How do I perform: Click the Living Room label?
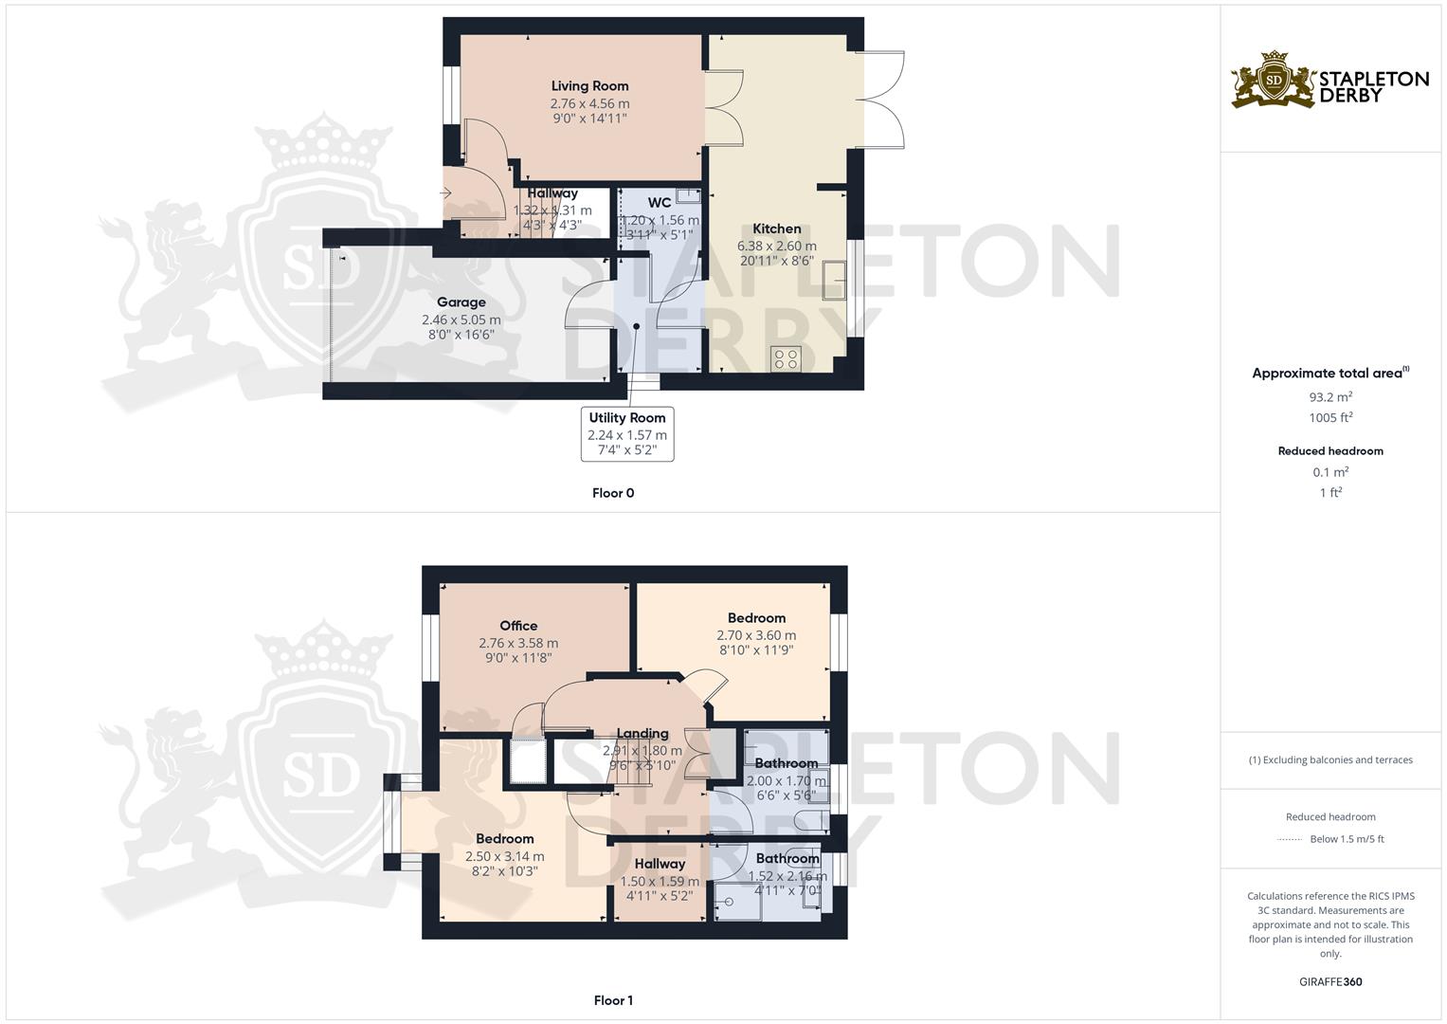(589, 86)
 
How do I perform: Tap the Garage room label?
(461, 302)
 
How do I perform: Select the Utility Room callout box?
(627, 434)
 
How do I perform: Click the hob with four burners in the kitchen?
(787, 358)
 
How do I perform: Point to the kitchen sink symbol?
(835, 279)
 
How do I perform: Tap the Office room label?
(518, 626)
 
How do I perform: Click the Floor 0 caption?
(613, 493)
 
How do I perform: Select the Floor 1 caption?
(613, 1000)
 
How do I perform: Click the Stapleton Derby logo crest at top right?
(1274, 80)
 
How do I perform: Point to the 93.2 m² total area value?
(1330, 397)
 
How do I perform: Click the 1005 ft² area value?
(1330, 418)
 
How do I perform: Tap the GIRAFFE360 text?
(1330, 982)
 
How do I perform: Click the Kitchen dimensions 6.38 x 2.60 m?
(777, 247)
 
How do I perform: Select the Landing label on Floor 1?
(642, 733)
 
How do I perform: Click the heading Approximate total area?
(1327, 374)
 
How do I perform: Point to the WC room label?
(660, 203)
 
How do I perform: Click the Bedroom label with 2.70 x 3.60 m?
(756, 618)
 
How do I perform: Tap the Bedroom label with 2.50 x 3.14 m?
(504, 839)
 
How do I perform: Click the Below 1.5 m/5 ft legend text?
(1347, 839)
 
